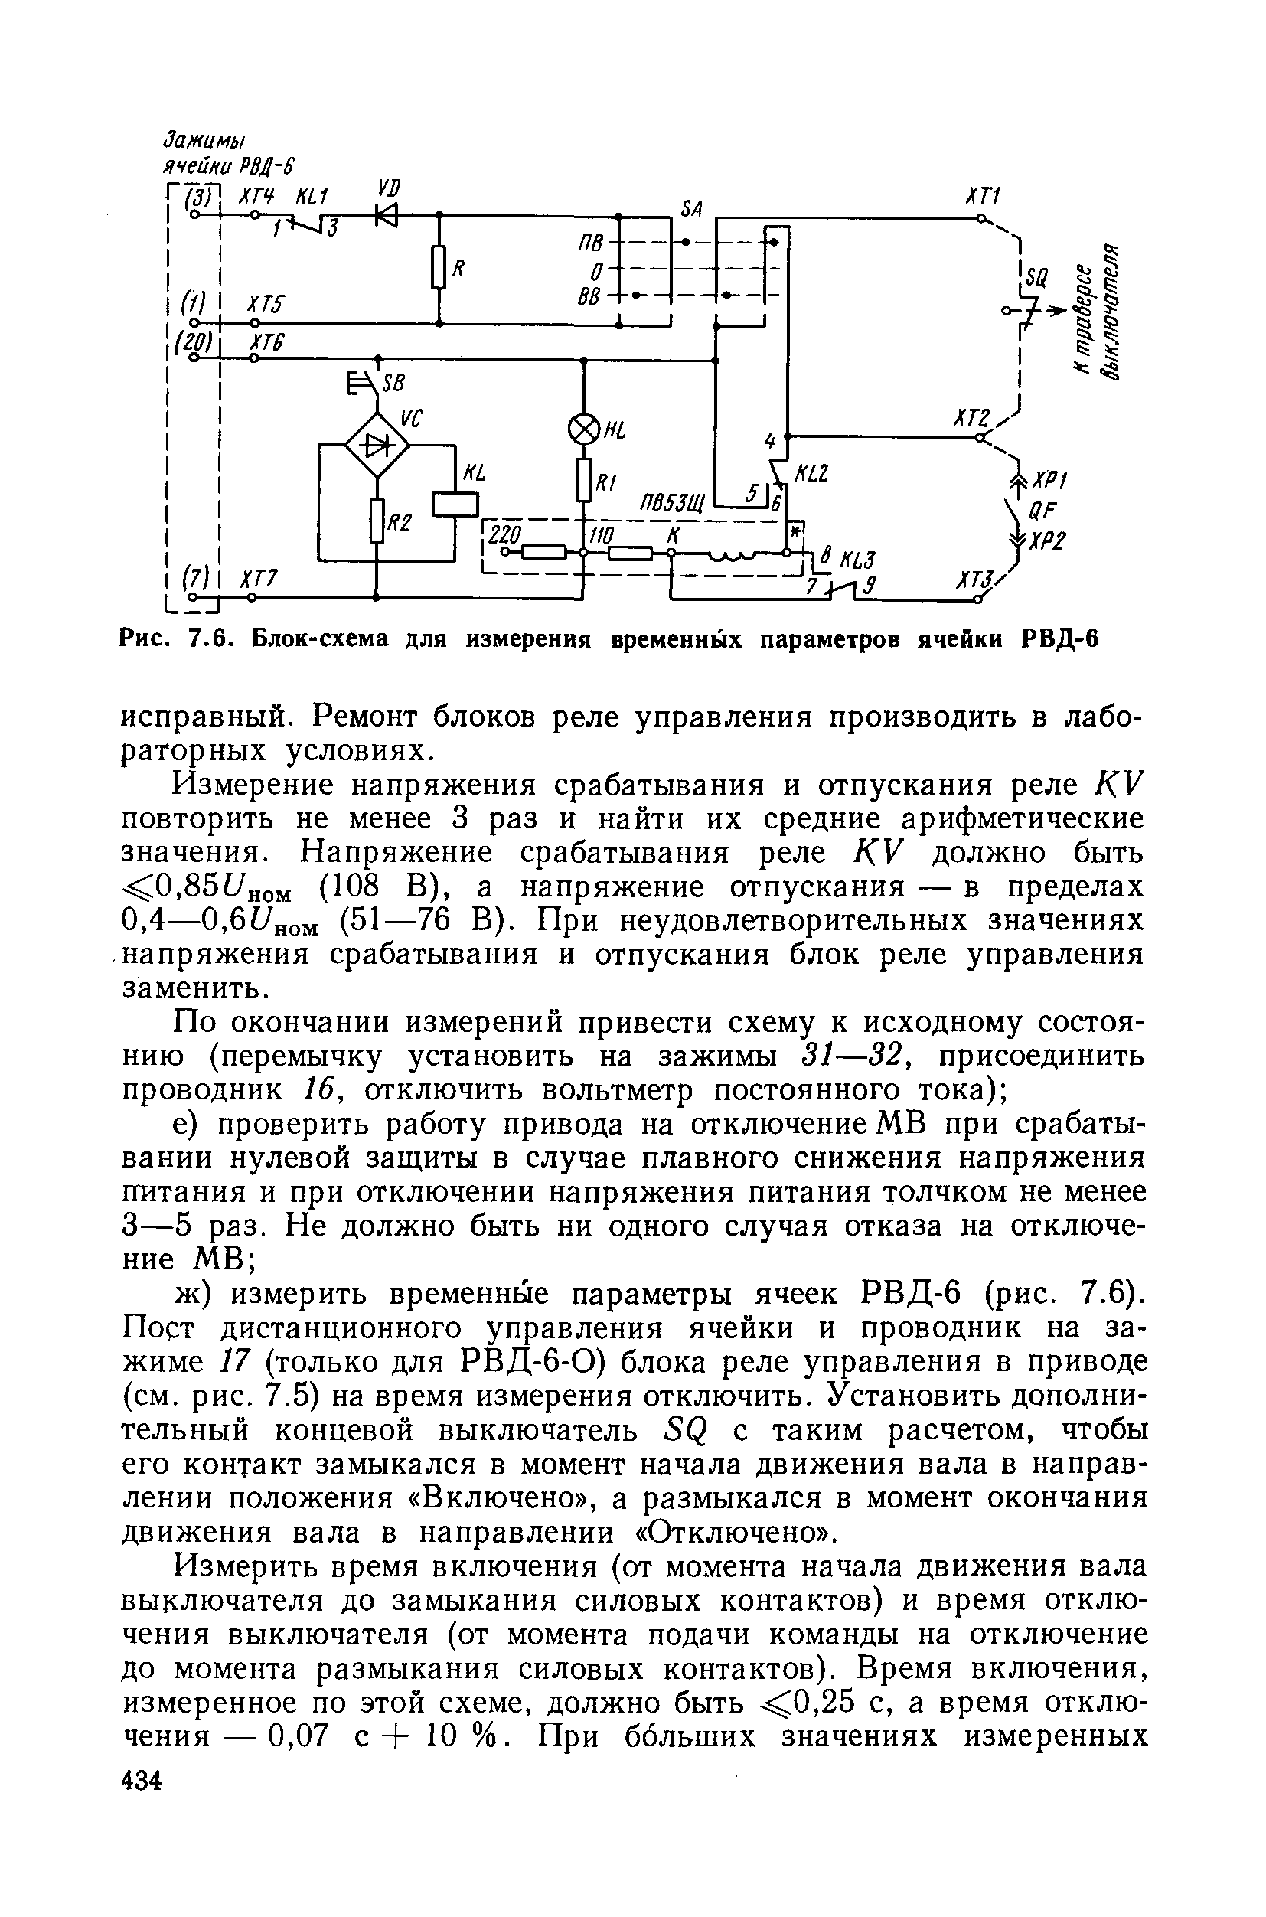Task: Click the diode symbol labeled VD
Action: click(387, 216)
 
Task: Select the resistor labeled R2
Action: click(377, 521)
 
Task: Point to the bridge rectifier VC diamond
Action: click(377, 444)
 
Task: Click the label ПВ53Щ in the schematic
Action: click(673, 505)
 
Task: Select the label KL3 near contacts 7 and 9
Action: click(857, 560)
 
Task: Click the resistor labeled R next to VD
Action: click(439, 267)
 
